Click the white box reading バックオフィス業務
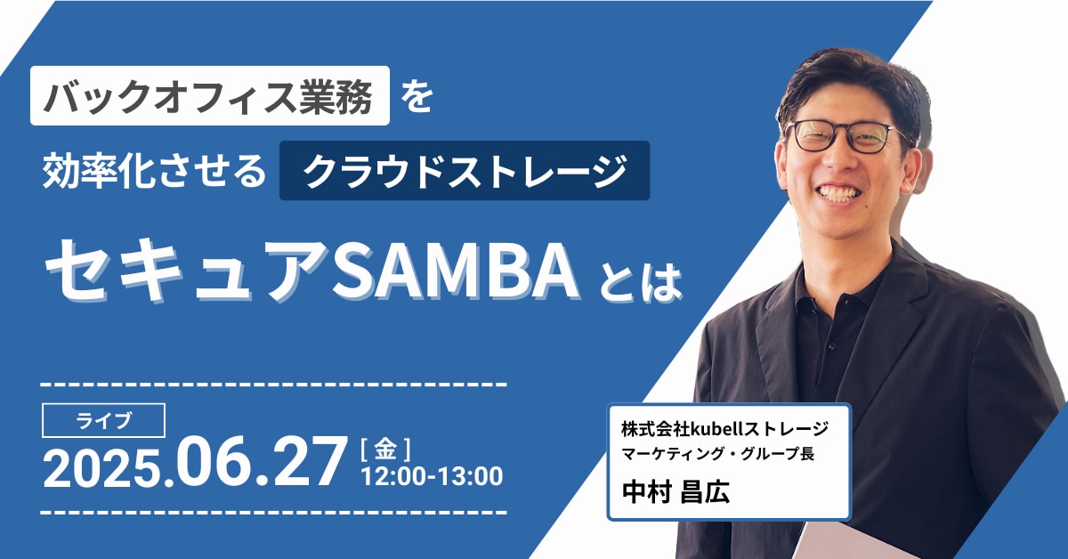click(x=210, y=95)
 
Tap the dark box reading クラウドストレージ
click(x=465, y=170)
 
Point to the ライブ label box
click(x=103, y=420)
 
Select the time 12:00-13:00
click(x=432, y=476)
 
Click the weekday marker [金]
click(x=385, y=450)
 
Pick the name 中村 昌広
click(x=676, y=491)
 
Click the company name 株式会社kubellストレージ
click(x=724, y=429)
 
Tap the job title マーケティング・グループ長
click(x=717, y=454)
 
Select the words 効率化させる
click(x=154, y=170)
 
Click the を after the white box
click(x=417, y=97)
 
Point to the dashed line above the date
click(x=274, y=384)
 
